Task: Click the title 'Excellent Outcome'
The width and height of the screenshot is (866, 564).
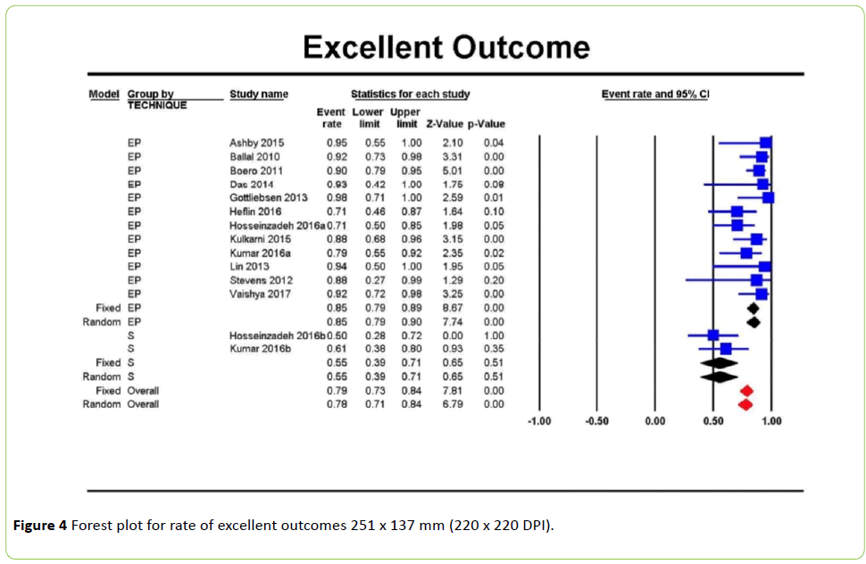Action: [x=445, y=47]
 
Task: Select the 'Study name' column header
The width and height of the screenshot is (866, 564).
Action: [x=259, y=94]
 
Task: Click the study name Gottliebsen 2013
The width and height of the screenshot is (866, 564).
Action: [x=268, y=197]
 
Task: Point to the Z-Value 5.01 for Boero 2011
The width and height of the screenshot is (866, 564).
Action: [x=453, y=170]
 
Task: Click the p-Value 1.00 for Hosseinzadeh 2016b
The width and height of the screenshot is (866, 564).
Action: [x=493, y=335]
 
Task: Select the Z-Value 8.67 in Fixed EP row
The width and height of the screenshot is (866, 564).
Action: [x=453, y=308]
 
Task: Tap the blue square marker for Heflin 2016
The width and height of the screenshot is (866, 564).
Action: [x=737, y=211]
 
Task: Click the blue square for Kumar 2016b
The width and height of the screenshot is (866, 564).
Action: [x=726, y=348]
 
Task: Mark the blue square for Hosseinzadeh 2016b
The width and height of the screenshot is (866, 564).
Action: [x=713, y=335]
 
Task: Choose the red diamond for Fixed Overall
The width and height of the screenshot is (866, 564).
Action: [x=746, y=390]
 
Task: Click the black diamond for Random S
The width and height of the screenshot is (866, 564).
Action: [x=719, y=377]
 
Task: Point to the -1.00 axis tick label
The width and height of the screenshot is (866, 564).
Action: [x=539, y=421]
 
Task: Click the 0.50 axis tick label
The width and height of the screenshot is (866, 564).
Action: [x=712, y=421]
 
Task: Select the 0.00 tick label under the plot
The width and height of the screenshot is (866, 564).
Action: [x=654, y=421]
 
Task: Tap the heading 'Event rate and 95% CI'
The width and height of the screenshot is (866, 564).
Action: [x=654, y=94]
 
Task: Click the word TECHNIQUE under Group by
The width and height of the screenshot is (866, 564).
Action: [x=157, y=105]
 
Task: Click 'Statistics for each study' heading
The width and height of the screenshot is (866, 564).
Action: [x=410, y=94]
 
